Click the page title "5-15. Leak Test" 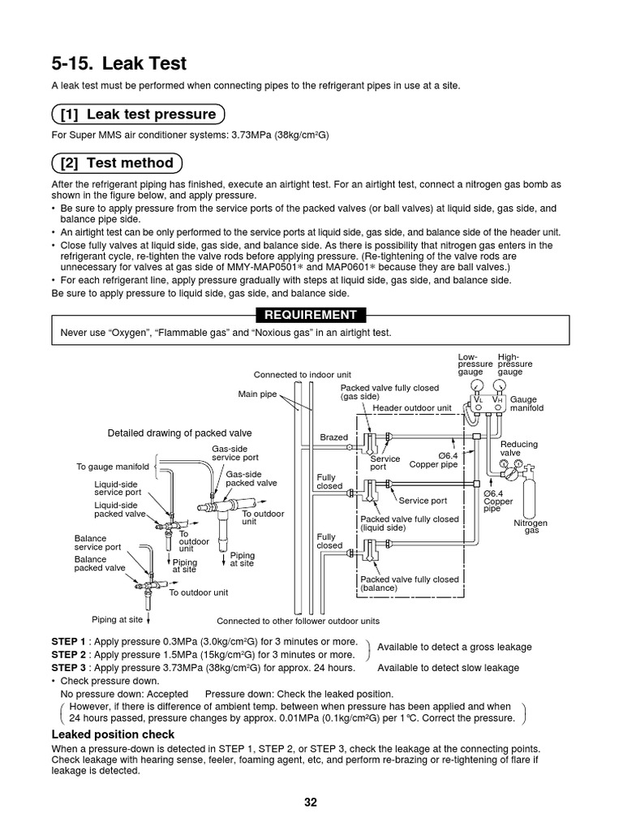(x=118, y=63)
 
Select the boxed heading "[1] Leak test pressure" (x=138, y=114)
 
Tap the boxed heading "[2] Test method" (x=117, y=163)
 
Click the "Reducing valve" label (x=518, y=448)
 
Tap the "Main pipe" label (x=257, y=394)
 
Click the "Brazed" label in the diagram (x=333, y=437)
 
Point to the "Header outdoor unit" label (x=411, y=407)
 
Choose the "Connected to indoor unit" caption (x=302, y=375)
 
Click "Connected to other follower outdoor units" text (x=298, y=621)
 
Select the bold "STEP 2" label (x=68, y=654)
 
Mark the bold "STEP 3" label (x=68, y=667)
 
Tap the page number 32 (x=311, y=803)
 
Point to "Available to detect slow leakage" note (x=448, y=667)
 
